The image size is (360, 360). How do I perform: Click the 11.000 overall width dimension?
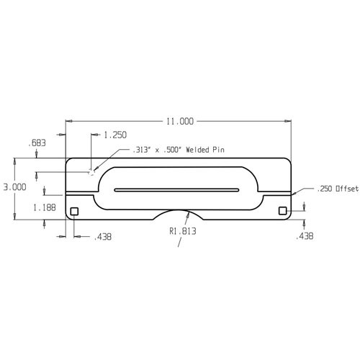(180, 122)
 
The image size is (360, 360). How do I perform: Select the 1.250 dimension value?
(116, 135)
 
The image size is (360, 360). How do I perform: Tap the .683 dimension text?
(37, 143)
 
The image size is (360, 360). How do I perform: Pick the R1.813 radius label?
(182, 231)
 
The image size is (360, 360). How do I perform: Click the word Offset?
(348, 189)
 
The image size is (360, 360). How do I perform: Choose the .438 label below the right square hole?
(305, 235)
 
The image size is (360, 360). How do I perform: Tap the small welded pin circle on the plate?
(91, 171)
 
